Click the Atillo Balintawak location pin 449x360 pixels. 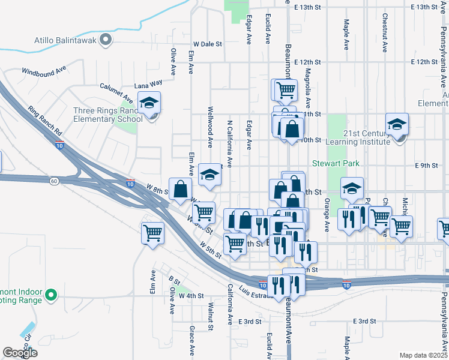(106, 40)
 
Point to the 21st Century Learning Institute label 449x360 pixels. (358, 137)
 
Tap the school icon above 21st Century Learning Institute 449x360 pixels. (397, 125)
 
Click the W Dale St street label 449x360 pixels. (208, 44)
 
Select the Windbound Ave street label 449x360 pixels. (44, 71)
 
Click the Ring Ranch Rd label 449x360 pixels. (44, 121)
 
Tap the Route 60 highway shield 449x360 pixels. (54, 181)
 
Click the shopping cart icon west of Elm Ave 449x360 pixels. (152, 232)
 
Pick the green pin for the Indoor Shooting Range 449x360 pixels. (51, 295)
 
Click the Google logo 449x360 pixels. (20, 353)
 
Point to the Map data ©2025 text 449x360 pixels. (423, 355)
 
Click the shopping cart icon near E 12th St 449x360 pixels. (286, 90)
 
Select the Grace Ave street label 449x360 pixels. (191, 339)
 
